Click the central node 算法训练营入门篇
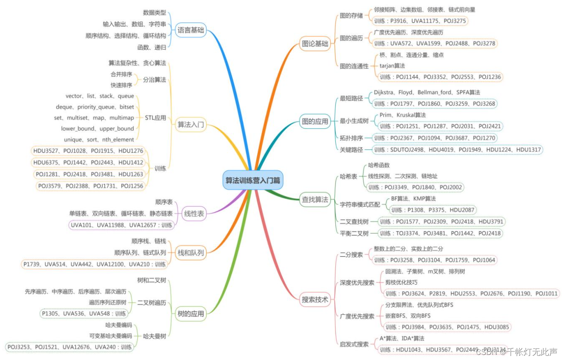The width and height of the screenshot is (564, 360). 253,180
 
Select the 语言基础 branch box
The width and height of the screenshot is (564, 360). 191,30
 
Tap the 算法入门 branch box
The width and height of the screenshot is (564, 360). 191,125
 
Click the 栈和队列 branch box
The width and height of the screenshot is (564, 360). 191,252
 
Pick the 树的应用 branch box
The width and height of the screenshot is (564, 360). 191,314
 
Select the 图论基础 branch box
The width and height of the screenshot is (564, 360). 315,43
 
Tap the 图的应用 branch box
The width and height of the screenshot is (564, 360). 315,121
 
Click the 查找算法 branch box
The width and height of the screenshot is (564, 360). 315,199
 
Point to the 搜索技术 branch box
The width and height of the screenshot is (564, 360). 315,299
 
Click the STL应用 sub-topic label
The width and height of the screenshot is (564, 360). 155,118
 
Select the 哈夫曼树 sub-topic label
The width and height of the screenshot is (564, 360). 155,336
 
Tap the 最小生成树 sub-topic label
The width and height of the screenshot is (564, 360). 354,121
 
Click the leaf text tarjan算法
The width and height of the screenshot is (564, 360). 392,66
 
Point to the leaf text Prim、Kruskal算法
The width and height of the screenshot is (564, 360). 403,115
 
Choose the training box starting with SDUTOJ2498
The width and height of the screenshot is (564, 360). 457,149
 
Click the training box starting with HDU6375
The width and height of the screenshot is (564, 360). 89,163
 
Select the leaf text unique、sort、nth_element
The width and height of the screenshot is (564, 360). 99,140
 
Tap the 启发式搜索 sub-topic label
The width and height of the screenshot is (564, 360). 354,344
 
